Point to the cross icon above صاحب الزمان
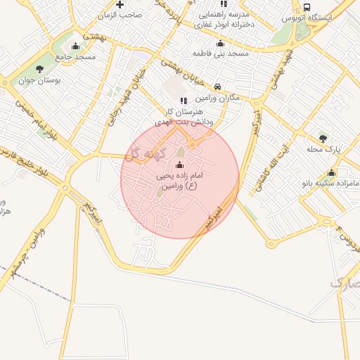[x=120, y=4]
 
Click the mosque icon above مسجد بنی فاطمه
[x=220, y=43]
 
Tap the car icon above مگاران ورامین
[x=219, y=86]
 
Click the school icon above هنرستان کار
[x=184, y=101]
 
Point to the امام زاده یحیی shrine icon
[x=179, y=165]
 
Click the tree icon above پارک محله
[x=323, y=138]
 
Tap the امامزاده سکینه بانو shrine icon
[x=332, y=172]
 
